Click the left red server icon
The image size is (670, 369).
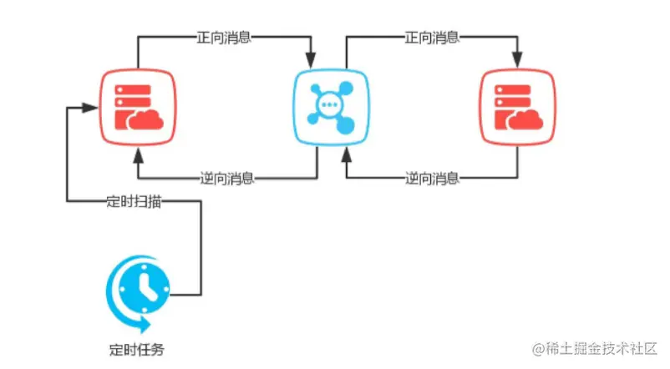[138, 107]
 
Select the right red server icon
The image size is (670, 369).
[517, 107]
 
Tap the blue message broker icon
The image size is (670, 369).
[331, 107]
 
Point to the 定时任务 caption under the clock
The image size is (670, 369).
[137, 350]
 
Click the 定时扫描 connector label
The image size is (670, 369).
[134, 200]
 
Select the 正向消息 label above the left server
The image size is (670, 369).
[224, 38]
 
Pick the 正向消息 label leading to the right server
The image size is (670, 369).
[432, 38]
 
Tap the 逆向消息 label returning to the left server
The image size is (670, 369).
[227, 178]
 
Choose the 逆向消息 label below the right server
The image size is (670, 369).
[432, 178]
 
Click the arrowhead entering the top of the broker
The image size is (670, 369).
[311, 61]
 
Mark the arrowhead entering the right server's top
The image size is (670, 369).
[517, 61]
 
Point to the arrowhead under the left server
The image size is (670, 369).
[138, 155]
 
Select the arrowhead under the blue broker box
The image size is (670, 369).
[347, 155]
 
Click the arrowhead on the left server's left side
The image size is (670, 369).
[90, 108]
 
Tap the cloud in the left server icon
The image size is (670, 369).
[145, 119]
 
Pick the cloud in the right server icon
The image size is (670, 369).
[525, 119]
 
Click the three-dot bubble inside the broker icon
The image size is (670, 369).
[329, 104]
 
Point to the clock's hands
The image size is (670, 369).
[146, 286]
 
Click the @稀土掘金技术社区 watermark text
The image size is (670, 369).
[594, 349]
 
